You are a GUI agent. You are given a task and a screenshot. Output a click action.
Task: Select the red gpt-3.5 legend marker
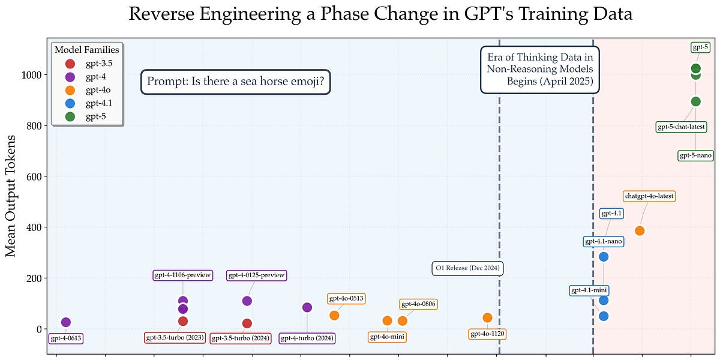(70, 63)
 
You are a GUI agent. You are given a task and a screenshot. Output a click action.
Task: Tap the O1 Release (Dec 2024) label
(467, 268)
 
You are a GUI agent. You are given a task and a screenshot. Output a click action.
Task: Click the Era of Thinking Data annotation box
(540, 70)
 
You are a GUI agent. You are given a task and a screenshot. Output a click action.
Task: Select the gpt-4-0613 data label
(66, 338)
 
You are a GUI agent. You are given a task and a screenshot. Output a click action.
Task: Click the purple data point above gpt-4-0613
(66, 322)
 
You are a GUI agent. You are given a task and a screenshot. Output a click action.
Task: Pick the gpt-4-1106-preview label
(183, 275)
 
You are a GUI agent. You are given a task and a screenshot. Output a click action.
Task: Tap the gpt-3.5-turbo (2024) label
(240, 338)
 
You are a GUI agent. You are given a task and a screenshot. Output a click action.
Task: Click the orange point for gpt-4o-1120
(487, 317)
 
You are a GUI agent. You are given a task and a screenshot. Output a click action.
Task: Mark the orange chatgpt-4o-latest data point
(640, 230)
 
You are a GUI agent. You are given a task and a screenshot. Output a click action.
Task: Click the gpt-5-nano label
(695, 155)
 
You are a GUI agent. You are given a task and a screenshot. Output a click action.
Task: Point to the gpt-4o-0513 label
(346, 298)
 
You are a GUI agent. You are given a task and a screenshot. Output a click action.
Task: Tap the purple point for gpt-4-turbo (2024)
(307, 307)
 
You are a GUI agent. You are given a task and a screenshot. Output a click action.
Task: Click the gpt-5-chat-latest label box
(681, 127)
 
